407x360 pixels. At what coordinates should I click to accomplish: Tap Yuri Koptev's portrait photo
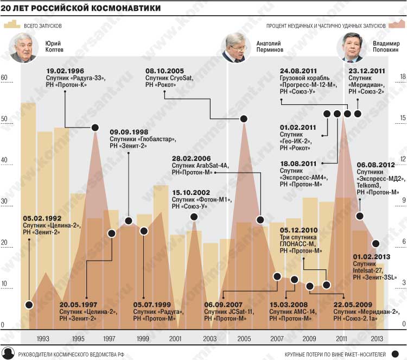point(24,48)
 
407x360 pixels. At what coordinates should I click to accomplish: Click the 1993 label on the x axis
point(44,339)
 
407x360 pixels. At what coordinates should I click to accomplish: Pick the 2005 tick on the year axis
point(244,339)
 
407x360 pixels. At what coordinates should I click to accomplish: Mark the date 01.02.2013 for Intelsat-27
point(372,256)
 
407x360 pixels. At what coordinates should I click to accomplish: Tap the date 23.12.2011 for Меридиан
point(367,71)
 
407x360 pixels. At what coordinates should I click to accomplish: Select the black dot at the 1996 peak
point(94,127)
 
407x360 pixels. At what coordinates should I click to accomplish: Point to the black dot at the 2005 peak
point(244,118)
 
